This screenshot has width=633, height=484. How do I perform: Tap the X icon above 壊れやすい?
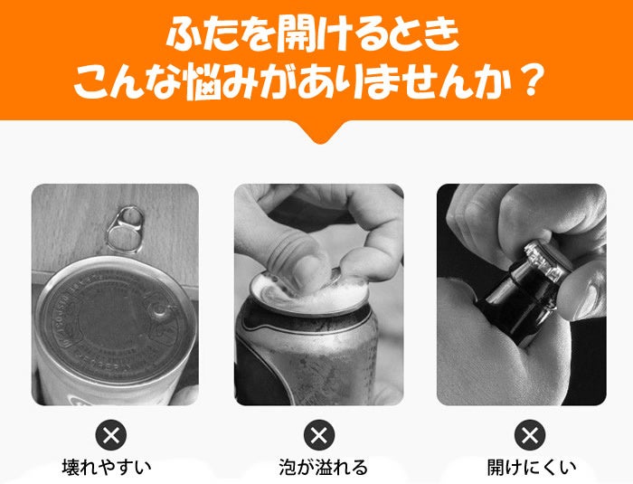111,435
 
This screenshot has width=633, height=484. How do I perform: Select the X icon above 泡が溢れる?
319,435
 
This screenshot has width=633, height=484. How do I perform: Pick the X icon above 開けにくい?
530,435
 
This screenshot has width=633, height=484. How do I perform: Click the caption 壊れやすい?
107,467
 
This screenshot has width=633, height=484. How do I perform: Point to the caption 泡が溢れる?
324,467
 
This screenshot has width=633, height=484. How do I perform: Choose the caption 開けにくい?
532,467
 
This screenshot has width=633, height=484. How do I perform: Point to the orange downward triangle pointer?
319,132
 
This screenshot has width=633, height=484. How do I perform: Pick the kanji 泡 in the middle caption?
288,467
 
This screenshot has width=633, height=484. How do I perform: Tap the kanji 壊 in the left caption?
71,467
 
